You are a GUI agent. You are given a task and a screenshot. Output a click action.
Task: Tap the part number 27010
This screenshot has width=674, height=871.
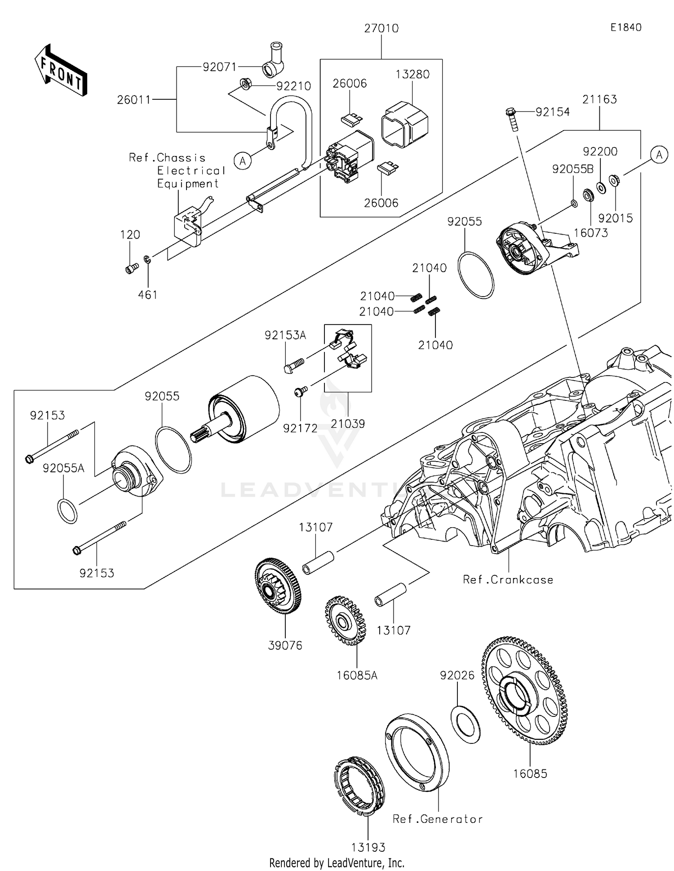pos(381,28)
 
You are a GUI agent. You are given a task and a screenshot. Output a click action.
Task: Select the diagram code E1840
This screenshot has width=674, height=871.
pos(626,27)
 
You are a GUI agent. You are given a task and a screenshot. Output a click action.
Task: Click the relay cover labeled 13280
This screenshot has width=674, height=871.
pos(404,124)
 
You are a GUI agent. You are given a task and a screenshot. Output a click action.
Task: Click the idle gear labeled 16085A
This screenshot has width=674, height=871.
pos(345,621)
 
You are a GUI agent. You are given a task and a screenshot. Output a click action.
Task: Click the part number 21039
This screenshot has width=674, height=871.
pos(348,423)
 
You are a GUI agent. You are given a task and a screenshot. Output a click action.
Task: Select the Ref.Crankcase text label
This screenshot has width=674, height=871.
pos(508,580)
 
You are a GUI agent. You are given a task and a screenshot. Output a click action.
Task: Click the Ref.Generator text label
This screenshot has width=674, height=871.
pos(437,819)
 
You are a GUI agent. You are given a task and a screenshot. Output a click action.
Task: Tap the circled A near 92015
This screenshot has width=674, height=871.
pos(659,155)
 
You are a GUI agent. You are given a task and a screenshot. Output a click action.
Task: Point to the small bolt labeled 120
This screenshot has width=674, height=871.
pos(131,268)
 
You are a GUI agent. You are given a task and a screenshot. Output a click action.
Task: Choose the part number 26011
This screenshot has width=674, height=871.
pos(134,100)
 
